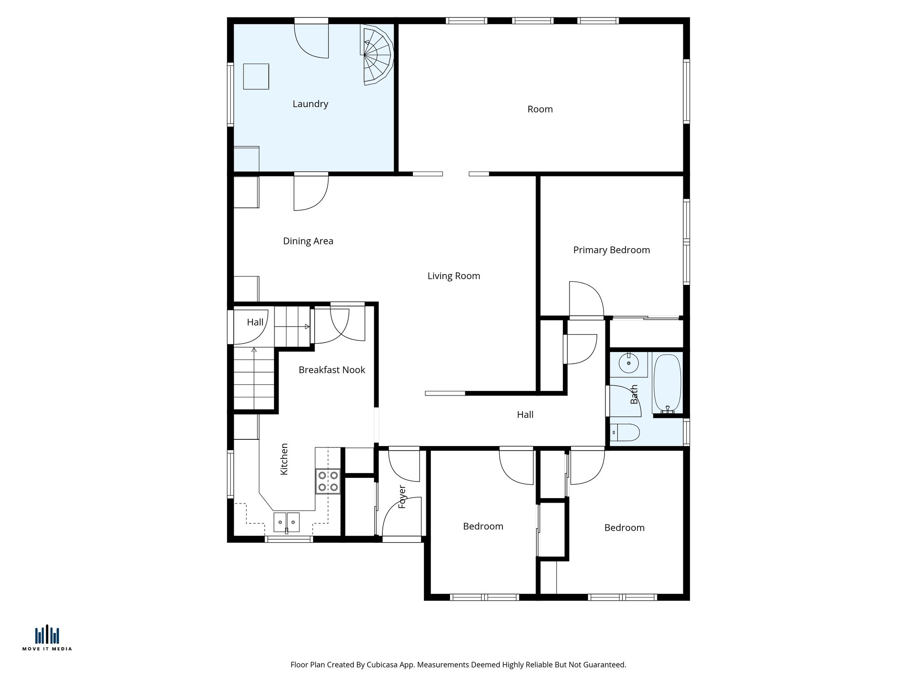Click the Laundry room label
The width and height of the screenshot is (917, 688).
tap(310, 104)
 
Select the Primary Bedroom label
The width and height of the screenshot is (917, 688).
tap(611, 250)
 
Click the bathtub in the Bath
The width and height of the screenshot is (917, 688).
tap(667, 383)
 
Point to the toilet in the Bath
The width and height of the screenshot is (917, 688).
tap(626, 432)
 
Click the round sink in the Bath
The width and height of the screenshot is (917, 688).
tap(629, 364)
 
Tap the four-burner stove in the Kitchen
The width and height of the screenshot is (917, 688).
tap(328, 481)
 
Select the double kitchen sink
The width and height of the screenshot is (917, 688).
tap(287, 522)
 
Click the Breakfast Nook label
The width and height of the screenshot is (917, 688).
tap(332, 370)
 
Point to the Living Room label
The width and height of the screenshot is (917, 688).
tap(454, 276)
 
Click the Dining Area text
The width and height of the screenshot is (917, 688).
tap(308, 241)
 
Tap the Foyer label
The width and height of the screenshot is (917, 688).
tap(402, 496)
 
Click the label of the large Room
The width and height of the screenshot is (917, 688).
tap(540, 109)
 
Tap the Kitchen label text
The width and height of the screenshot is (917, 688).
tap(284, 459)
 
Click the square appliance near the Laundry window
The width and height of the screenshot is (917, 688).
tap(256, 77)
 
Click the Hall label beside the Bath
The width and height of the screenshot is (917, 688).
tap(525, 415)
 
